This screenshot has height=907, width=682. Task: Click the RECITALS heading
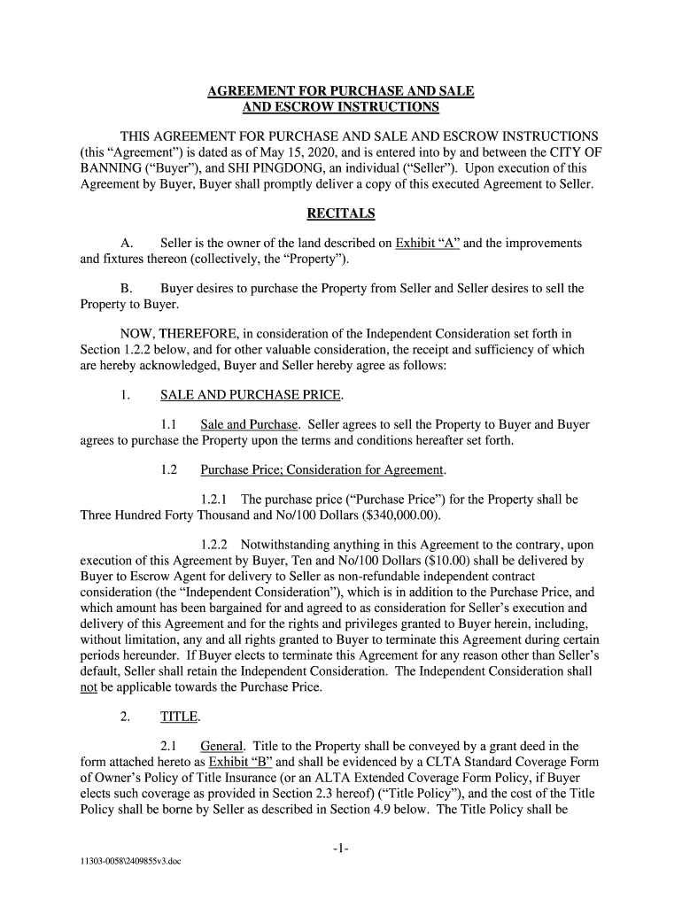pos(341,213)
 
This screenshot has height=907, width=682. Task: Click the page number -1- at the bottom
pos(341,849)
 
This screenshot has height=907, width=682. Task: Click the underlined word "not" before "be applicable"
pos(88,687)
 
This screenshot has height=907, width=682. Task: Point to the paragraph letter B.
pos(125,289)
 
